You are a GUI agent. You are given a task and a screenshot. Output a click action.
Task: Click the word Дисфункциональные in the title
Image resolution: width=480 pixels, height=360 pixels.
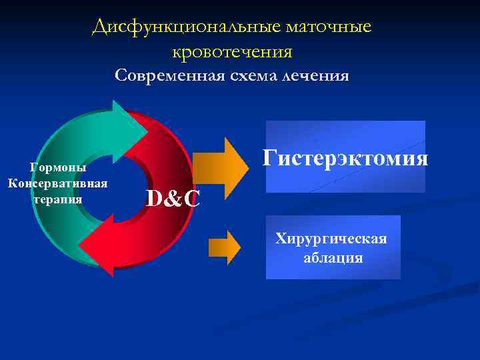point(186,27)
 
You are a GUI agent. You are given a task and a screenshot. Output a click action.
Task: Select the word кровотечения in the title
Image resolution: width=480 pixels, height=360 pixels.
point(232,51)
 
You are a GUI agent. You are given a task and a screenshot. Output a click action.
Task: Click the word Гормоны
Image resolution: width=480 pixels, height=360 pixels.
point(58,169)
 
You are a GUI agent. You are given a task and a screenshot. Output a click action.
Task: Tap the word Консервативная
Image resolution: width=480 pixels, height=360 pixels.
point(58,183)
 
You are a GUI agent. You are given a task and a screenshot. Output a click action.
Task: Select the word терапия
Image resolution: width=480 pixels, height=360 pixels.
point(58,199)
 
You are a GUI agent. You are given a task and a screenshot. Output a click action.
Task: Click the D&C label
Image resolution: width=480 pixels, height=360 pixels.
point(172,198)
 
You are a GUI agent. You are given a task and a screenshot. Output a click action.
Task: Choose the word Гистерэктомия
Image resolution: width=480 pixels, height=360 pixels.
point(345,158)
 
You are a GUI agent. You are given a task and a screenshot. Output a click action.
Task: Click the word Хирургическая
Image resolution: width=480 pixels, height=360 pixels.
point(331,239)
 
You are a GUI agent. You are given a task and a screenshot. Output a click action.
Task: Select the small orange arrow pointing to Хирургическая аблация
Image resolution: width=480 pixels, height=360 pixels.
point(225,247)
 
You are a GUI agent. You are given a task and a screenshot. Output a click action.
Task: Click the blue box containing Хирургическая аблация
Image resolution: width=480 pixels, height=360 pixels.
point(333,247)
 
